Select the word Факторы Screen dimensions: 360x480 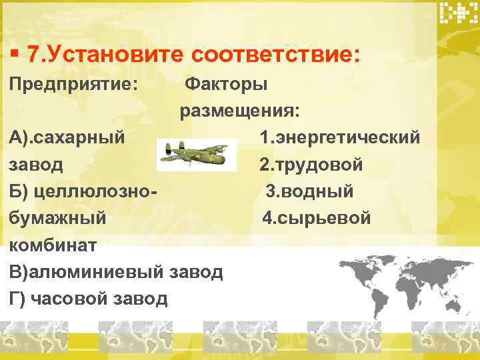click(226, 85)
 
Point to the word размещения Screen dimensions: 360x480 click(238, 111)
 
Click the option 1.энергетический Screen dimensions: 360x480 click(341, 137)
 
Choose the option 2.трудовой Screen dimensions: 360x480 click(311, 164)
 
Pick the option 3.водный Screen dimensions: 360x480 click(310, 191)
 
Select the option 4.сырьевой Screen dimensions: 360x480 click(317, 218)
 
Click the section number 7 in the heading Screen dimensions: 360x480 click(35, 54)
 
